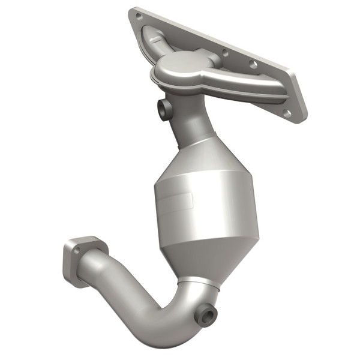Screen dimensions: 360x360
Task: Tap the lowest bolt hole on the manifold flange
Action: click(x=287, y=112)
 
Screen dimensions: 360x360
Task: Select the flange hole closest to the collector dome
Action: click(x=226, y=53)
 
